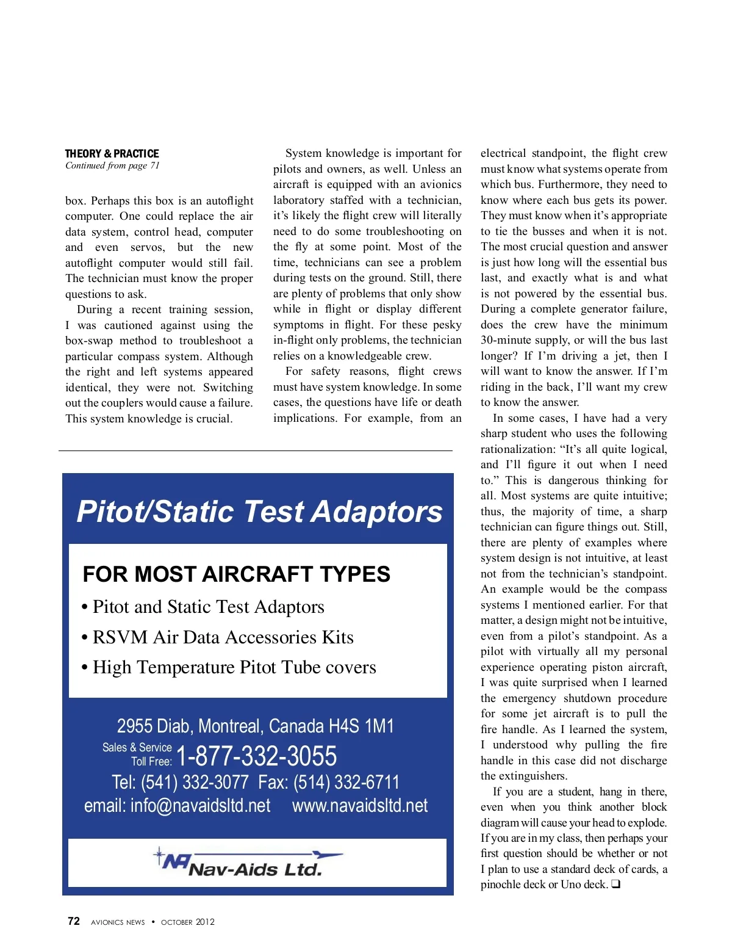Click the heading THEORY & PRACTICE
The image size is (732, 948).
pyautogui.click(x=112, y=153)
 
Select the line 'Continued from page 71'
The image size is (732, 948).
pyautogui.click(x=112, y=165)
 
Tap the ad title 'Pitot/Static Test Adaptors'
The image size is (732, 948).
pyautogui.click(x=259, y=512)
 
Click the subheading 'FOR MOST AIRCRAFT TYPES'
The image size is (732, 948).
pyautogui.click(x=236, y=574)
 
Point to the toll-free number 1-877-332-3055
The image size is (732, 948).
pyautogui.click(x=256, y=756)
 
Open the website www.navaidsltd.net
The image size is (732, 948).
pyautogui.click(x=360, y=806)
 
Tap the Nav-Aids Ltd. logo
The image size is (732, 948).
pyautogui.click(x=247, y=862)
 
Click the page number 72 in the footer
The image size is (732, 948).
pyautogui.click(x=74, y=921)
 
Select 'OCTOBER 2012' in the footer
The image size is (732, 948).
pyautogui.click(x=188, y=922)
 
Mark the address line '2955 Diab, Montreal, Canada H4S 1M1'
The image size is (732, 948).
pyautogui.click(x=256, y=726)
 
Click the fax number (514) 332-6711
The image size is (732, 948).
pyautogui.click(x=346, y=782)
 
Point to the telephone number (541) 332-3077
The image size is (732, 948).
pyautogui.click(x=195, y=782)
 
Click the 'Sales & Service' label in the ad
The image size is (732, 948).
pyautogui.click(x=137, y=747)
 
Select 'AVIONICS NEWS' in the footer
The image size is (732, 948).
pyautogui.click(x=118, y=922)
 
